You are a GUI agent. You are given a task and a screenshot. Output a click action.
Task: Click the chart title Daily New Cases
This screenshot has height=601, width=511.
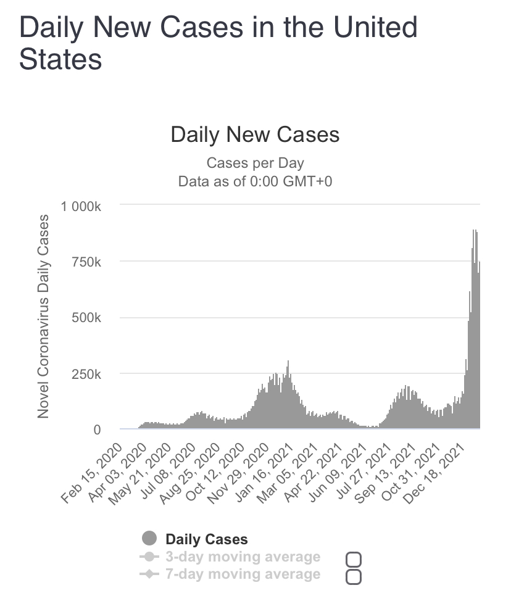click(255, 135)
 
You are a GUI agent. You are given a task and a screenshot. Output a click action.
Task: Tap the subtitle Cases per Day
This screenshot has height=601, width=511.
click(255, 164)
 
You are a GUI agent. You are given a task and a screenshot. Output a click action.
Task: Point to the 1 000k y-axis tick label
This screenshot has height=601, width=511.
click(80, 206)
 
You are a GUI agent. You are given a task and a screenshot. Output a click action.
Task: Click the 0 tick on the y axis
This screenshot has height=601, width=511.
click(97, 430)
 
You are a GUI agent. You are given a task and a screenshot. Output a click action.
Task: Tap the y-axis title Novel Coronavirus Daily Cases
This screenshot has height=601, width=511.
click(43, 317)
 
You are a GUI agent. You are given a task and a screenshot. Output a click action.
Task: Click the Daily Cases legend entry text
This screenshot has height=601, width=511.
click(206, 539)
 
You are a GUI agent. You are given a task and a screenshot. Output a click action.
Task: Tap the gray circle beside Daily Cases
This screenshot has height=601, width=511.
click(149, 539)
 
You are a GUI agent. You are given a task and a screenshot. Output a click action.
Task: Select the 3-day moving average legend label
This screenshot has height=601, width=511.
click(243, 557)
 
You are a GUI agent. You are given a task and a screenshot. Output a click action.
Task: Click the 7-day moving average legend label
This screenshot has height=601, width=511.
click(243, 574)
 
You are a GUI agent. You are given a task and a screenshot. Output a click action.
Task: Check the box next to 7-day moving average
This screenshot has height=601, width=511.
click(354, 577)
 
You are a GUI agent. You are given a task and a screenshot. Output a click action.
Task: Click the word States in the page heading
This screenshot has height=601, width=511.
click(60, 60)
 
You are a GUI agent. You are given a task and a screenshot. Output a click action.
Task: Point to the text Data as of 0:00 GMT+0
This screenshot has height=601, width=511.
click(255, 181)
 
